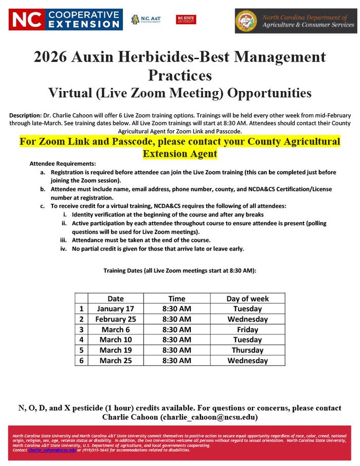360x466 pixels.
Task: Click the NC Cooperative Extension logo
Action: tap(65, 20)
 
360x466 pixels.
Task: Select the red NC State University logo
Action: tap(186, 20)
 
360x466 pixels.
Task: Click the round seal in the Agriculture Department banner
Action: tap(246, 21)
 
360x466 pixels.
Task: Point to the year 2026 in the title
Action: tap(49, 57)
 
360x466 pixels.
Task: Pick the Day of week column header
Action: tap(247, 298)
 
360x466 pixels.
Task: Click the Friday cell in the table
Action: tap(247, 329)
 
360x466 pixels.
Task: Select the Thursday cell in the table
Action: tap(247, 350)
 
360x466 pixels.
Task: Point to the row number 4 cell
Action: tap(81, 339)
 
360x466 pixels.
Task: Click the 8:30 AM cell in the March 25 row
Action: tap(176, 360)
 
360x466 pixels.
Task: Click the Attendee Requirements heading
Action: tap(63, 163)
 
